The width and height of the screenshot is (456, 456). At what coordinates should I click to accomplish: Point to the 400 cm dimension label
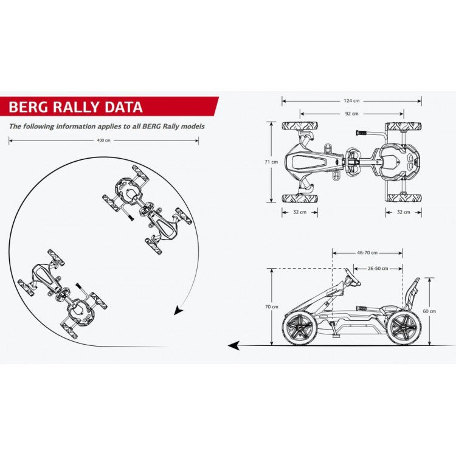(103, 140)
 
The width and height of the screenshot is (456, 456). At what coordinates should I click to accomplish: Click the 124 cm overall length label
(351, 101)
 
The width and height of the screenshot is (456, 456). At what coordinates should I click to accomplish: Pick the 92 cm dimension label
(351, 113)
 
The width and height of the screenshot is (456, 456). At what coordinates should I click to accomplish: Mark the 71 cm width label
(274, 162)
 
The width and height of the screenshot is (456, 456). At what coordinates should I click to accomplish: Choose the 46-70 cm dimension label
(367, 252)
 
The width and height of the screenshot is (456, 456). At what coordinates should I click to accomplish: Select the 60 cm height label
(429, 311)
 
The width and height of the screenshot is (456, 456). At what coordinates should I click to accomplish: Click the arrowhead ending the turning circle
(178, 311)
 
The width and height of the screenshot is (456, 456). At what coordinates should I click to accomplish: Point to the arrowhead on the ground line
(233, 346)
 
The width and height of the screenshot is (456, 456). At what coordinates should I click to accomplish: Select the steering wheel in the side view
(353, 278)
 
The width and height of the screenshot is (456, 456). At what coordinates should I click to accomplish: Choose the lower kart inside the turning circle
(63, 291)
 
